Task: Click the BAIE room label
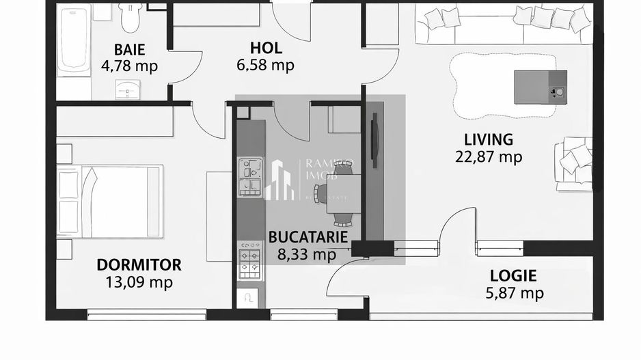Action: pyautogui.click(x=129, y=50)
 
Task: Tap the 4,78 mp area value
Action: pyautogui.click(x=129, y=66)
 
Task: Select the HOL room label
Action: pyautogui.click(x=266, y=49)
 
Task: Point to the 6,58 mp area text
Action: pyautogui.click(x=266, y=65)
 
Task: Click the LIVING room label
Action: pyautogui.click(x=488, y=140)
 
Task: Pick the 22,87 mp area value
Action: pyautogui.click(x=488, y=156)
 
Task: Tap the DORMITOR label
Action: pyautogui.click(x=139, y=265)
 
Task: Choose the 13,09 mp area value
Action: pyautogui.click(x=139, y=281)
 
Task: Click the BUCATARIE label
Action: pyautogui.click(x=308, y=238)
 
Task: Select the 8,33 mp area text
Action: pyautogui.click(x=307, y=255)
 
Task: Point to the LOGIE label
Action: pyautogui.click(x=513, y=277)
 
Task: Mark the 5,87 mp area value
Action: pyautogui.click(x=513, y=293)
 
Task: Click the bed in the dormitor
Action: pyautogui.click(x=109, y=201)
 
